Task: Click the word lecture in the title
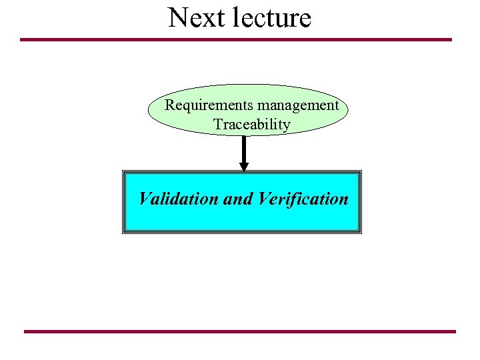273,18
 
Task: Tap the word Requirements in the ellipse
208,105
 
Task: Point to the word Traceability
251,125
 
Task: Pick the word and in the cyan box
238,199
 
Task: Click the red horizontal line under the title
236,39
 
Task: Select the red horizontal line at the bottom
240,331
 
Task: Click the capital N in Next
177,18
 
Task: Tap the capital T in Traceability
217,125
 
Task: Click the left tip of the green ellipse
148,111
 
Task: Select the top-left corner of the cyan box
124,172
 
